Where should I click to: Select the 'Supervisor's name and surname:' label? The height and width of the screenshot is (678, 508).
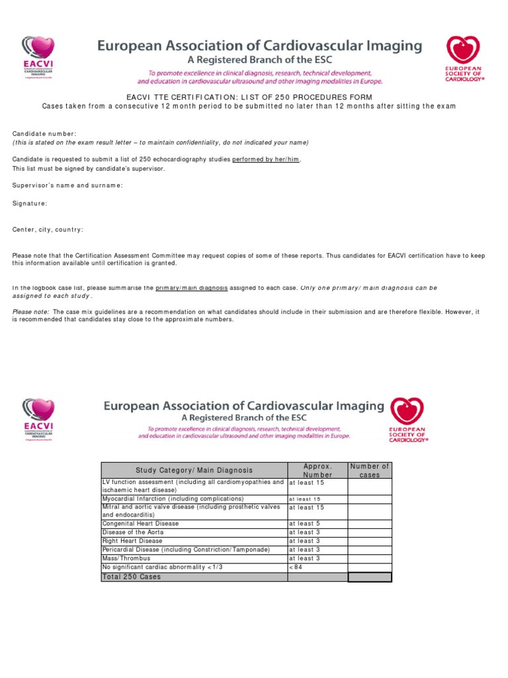(x=67, y=185)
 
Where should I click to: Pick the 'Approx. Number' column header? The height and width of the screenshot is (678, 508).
(x=317, y=470)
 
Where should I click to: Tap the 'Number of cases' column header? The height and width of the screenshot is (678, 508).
(x=370, y=470)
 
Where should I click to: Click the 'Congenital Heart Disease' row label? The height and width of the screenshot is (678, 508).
(x=140, y=523)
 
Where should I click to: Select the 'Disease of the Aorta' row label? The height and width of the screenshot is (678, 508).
(x=132, y=532)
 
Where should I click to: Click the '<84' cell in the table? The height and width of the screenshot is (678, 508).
(x=295, y=567)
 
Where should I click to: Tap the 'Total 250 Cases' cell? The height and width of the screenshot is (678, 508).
(x=131, y=577)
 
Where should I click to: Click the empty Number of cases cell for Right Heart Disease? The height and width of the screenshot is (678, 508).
(x=370, y=541)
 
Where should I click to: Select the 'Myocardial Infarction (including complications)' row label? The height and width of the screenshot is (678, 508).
(x=173, y=499)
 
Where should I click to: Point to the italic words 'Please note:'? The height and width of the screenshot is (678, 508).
(x=31, y=311)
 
